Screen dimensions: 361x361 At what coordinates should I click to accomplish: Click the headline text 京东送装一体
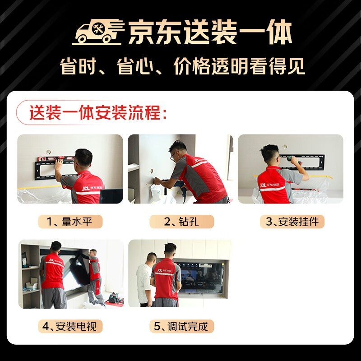coord(210,32)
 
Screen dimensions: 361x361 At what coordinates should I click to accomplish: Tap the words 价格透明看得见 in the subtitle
coord(239,67)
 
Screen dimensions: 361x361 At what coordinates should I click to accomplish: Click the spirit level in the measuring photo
coord(56,158)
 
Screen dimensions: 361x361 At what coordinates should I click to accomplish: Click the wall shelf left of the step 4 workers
coord(31,275)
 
